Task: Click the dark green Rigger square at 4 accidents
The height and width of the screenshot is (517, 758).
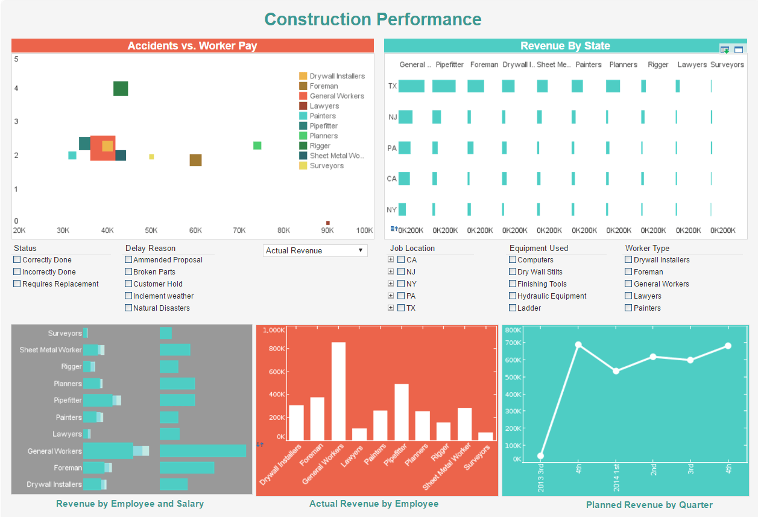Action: [x=121, y=89]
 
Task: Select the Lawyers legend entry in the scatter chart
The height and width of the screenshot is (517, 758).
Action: [x=324, y=106]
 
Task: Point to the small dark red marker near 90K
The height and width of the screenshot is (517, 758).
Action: [x=328, y=223]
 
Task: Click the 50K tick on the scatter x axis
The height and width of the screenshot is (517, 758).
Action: [x=151, y=230]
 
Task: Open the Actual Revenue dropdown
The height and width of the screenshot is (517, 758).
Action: [x=315, y=250]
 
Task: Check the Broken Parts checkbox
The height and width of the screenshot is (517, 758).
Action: [x=128, y=272]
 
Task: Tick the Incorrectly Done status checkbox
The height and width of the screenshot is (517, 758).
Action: [x=17, y=272]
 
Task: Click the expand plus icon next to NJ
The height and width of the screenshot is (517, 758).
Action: [x=391, y=272]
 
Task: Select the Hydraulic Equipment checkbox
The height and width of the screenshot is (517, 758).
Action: [x=513, y=296]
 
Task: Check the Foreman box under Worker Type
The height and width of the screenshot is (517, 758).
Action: [x=629, y=272]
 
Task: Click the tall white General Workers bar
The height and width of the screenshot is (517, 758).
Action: [x=338, y=391]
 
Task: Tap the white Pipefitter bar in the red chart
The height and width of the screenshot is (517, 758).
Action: [x=402, y=412]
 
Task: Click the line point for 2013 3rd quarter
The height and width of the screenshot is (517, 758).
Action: [x=541, y=456]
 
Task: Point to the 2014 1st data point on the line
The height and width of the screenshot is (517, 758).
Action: [x=616, y=371]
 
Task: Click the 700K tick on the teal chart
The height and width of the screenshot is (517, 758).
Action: [x=513, y=343]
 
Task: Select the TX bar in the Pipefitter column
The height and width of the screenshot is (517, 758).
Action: [x=444, y=86]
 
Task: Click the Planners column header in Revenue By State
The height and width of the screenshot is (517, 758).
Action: [x=623, y=65]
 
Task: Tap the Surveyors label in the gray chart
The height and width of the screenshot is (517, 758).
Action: [x=65, y=334]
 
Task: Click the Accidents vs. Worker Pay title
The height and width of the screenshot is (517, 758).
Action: [x=192, y=46]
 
